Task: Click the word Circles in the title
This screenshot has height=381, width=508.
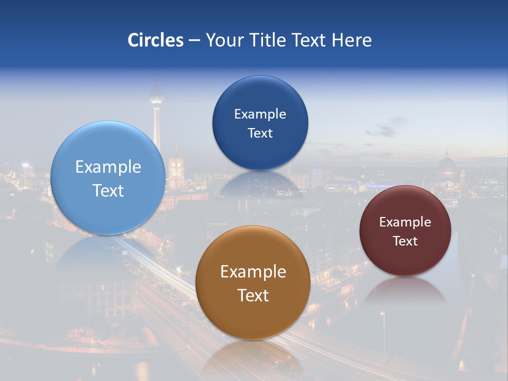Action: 155,40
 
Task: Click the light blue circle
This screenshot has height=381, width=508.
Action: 108,178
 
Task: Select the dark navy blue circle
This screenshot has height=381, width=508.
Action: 260,123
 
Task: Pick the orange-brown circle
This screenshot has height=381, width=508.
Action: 253,283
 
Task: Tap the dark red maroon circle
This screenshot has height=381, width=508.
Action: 405,231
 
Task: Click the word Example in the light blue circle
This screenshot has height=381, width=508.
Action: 108,167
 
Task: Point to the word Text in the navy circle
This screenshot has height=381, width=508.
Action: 260,133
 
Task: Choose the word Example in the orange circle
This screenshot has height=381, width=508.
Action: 253,272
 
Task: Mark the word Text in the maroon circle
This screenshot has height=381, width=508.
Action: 405,241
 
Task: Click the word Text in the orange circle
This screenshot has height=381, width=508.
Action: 253,295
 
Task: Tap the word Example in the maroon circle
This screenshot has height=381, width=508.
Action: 405,222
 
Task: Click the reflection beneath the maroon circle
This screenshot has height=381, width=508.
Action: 405,291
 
